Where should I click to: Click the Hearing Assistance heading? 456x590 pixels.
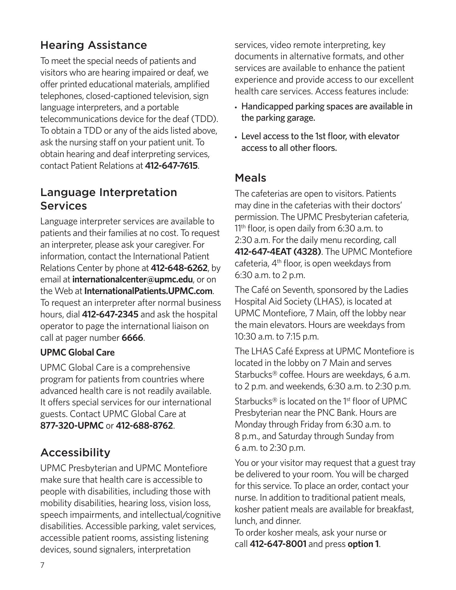[94, 45]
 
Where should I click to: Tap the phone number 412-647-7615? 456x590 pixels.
[171, 166]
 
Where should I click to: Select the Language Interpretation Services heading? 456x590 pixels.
[109, 199]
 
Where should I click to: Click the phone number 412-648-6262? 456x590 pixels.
[179, 268]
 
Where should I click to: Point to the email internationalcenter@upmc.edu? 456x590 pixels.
[132, 280]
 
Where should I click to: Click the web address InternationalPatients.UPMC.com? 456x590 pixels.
[148, 291]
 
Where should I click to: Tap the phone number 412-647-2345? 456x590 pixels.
[110, 314]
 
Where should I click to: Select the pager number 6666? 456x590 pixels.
[132, 338]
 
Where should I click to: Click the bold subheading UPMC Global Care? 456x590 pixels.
[77, 352]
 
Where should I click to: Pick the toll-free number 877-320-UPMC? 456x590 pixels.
[72, 426]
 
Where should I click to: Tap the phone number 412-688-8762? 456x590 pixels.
[144, 426]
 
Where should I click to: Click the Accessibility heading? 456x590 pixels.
[75, 453]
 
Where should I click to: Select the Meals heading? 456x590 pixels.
[250, 178]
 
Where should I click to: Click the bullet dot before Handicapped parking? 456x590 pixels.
[236, 108]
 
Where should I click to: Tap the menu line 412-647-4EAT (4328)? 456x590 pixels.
[278, 252]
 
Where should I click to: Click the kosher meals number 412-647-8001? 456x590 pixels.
[278, 544]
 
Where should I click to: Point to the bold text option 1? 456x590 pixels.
[363, 544]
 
